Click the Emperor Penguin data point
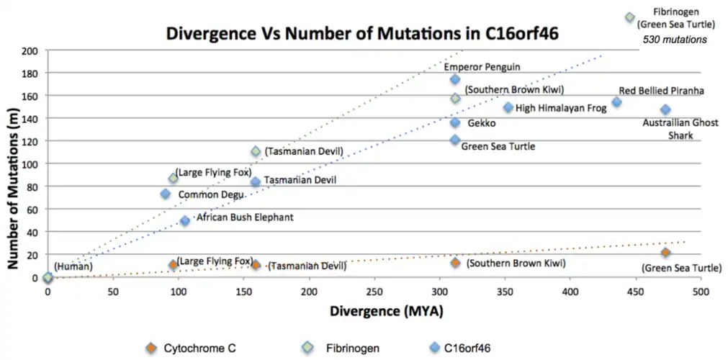(x=455, y=79)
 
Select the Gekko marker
(x=455, y=122)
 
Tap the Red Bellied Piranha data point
(x=616, y=102)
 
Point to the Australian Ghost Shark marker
(x=665, y=109)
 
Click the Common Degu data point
(x=166, y=194)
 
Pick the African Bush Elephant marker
(x=185, y=221)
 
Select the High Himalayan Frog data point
(x=508, y=107)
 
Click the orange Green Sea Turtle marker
(x=665, y=253)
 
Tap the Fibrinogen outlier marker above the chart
(x=630, y=17)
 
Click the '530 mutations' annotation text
(x=675, y=40)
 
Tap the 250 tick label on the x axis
(x=374, y=292)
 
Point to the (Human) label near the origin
(x=73, y=267)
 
